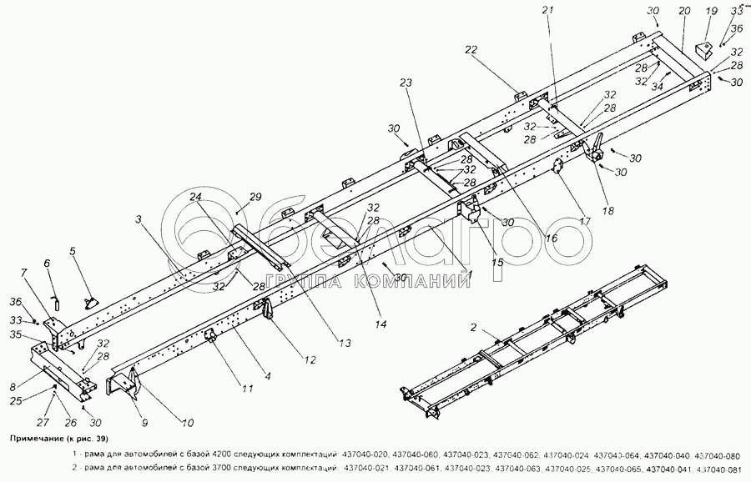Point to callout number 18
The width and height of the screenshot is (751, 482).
coord(608,212)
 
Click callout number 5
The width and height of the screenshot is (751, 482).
coord(72,249)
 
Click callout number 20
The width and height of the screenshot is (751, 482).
coord(684,13)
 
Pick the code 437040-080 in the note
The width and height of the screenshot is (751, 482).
coord(717,454)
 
